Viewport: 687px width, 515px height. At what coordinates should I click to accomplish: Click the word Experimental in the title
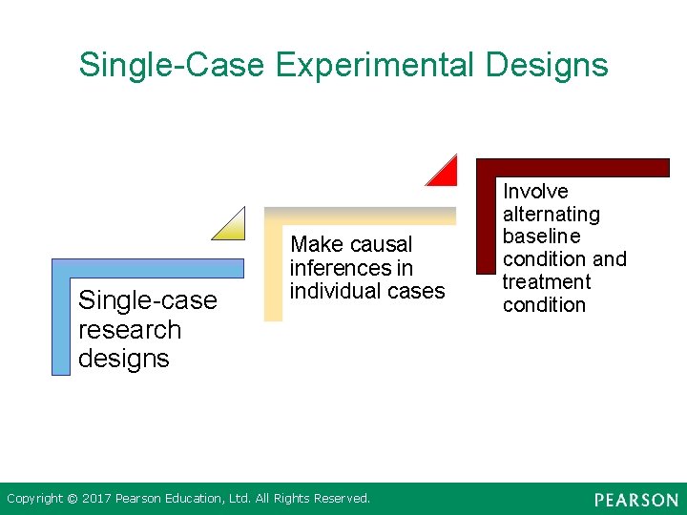(375, 65)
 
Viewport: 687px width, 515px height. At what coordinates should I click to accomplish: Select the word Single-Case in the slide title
(173, 65)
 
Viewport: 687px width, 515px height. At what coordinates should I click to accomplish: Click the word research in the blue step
(130, 330)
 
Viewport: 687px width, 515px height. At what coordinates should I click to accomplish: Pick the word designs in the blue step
(124, 359)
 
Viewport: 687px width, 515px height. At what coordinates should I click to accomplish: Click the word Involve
(535, 192)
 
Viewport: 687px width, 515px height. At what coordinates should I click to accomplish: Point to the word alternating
(552, 215)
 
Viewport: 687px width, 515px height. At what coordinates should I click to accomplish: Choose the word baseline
(542, 237)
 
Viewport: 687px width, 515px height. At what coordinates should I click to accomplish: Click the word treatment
(547, 282)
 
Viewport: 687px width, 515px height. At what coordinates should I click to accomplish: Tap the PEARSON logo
(635, 500)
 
